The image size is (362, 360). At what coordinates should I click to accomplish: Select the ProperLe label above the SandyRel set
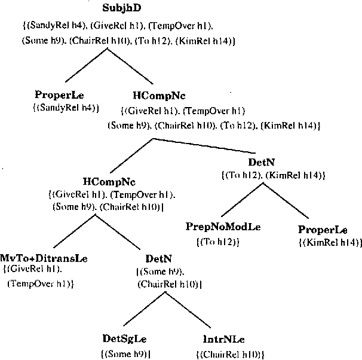[59, 94]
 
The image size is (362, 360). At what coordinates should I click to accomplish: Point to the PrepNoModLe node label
[223, 227]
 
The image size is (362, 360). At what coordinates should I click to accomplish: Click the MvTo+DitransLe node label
[44, 258]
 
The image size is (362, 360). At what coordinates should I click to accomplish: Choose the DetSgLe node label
[124, 340]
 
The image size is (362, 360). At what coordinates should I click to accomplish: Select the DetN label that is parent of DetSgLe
[158, 258]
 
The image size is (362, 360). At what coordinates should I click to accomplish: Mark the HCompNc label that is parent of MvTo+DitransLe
[109, 180]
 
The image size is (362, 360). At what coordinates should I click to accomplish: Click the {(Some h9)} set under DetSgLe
[124, 354]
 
